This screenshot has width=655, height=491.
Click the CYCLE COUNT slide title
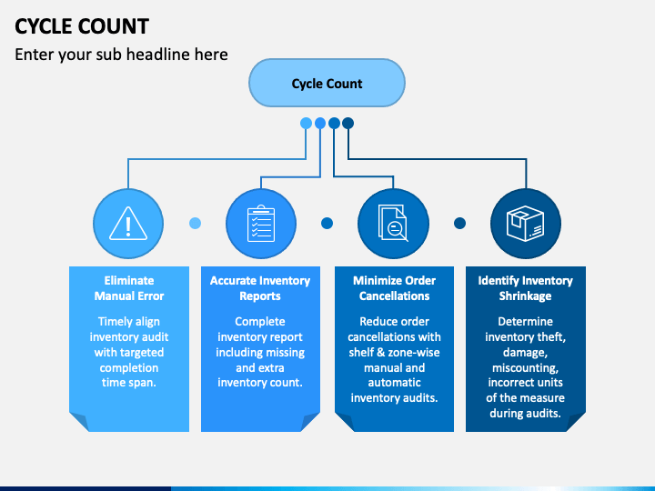tap(82, 25)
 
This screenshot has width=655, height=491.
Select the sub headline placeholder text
tap(121, 55)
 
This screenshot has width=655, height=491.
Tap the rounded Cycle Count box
tap(327, 84)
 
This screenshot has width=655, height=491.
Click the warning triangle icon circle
tap(128, 223)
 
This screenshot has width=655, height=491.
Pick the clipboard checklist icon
tap(261, 223)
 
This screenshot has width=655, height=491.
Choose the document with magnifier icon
tap(393, 223)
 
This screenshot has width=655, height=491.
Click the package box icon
tap(526, 223)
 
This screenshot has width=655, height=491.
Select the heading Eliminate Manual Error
tap(128, 288)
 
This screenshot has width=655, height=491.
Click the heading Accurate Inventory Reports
tap(260, 288)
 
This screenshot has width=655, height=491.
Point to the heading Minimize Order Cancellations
tap(394, 288)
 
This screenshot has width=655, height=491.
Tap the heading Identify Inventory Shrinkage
tap(526, 288)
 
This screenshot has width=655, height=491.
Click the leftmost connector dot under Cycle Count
tap(306, 123)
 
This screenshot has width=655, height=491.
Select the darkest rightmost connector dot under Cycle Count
tap(348, 123)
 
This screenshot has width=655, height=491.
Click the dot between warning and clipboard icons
tap(195, 223)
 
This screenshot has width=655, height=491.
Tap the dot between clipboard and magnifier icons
tap(327, 223)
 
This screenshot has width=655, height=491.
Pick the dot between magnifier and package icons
tap(459, 223)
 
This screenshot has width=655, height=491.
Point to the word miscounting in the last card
tap(525, 367)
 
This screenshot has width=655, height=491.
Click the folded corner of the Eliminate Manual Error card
tap(78, 421)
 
